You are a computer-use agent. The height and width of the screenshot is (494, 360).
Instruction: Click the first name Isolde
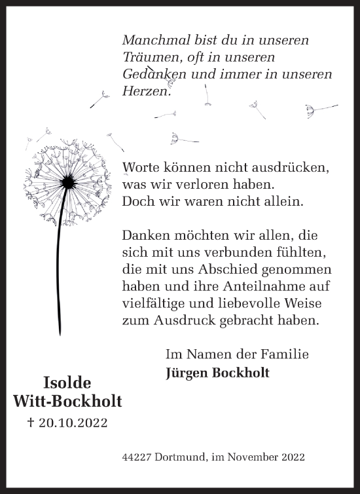click(67, 383)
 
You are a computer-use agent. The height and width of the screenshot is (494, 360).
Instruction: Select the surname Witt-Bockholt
click(67, 402)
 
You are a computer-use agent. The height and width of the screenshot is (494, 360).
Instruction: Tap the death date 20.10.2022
click(73, 423)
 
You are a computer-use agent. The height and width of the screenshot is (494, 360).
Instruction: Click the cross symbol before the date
click(30, 423)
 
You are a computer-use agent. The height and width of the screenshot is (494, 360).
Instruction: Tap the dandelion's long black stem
click(60, 262)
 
